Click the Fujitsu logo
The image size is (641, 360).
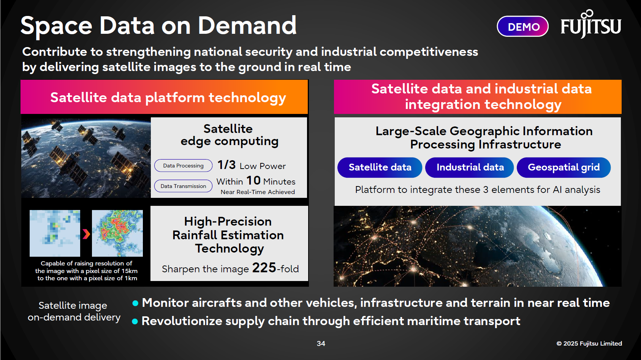pyautogui.click(x=591, y=25)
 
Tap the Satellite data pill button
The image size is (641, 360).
pyautogui.click(x=380, y=167)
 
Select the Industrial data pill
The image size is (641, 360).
pyautogui.click(x=470, y=167)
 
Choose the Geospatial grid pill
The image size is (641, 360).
pyautogui.click(x=563, y=167)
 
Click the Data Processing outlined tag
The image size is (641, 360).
pyautogui.click(x=183, y=166)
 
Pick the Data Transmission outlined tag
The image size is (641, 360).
pyautogui.click(x=183, y=186)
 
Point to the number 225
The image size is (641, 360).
pyautogui.click(x=264, y=268)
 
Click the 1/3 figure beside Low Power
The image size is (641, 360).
pyautogui.click(x=226, y=165)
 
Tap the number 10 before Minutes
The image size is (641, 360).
pyautogui.click(x=253, y=180)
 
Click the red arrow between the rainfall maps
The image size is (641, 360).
pyautogui.click(x=86, y=234)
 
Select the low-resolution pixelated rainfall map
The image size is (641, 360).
pyautogui.click(x=55, y=233)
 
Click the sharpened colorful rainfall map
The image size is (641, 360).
pyautogui.click(x=117, y=233)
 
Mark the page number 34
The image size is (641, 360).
pyautogui.click(x=321, y=343)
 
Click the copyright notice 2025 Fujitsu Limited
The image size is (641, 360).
pyautogui.click(x=589, y=343)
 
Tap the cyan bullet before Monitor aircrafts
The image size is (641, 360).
pyautogui.click(x=135, y=303)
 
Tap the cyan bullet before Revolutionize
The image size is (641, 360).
pyautogui.click(x=135, y=321)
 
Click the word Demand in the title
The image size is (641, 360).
pyautogui.click(x=247, y=26)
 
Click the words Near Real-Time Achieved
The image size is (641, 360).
pyautogui.click(x=258, y=192)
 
